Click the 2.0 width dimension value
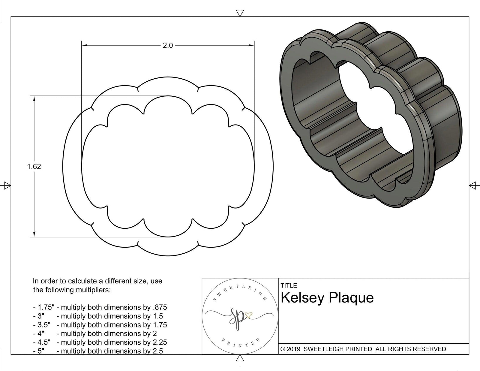click(168, 46)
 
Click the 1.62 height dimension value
click(34, 167)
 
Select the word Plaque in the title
click(351, 298)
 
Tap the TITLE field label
click(289, 285)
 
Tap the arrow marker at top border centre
click(239, 12)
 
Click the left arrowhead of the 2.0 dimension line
click(84, 45)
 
